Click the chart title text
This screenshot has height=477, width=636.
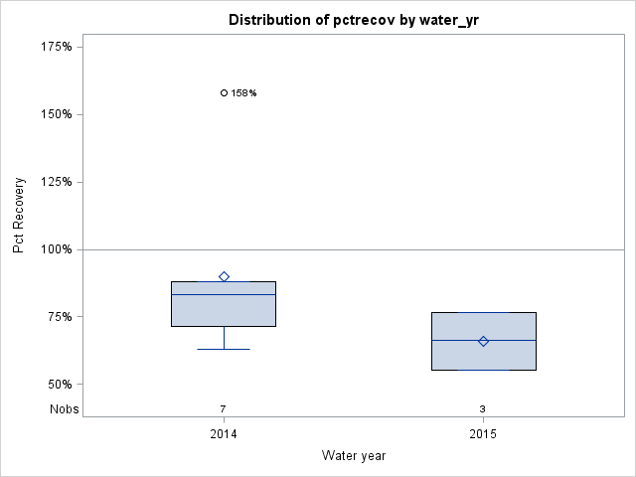tap(353, 20)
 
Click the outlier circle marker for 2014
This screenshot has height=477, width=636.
tap(224, 92)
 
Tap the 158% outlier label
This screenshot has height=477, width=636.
tap(243, 93)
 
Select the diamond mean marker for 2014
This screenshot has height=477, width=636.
tap(224, 276)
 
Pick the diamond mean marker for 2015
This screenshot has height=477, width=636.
tap(483, 341)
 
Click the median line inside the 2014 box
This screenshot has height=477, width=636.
tap(224, 294)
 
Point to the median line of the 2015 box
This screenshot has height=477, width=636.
tap(483, 340)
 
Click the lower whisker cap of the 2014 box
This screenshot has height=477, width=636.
tap(224, 349)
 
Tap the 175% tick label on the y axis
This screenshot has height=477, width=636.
tap(55, 47)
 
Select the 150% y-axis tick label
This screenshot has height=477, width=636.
tap(55, 114)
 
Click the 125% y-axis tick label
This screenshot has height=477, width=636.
tap(55, 182)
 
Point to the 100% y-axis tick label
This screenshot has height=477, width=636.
tap(55, 249)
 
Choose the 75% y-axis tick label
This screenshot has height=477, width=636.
tap(58, 317)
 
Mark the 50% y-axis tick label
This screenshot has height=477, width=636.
tap(58, 385)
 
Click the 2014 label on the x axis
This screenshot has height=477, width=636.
tap(224, 434)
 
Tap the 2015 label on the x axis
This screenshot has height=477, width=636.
tap(483, 434)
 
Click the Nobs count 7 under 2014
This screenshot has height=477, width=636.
tap(224, 408)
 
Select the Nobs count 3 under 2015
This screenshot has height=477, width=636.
tap(483, 408)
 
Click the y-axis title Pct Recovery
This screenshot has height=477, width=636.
tap(19, 216)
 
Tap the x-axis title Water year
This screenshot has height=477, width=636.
tap(353, 456)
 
